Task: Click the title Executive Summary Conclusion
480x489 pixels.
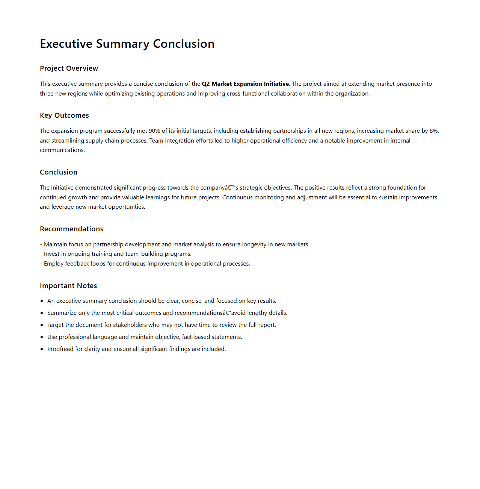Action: point(127,44)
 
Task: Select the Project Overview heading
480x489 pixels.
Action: point(69,68)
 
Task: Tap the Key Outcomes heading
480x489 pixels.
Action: point(64,115)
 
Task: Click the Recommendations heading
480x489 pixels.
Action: point(71,229)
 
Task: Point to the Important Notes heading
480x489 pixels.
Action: point(68,286)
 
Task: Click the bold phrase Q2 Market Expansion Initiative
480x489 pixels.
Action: point(245,84)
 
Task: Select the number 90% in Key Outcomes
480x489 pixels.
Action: point(154,131)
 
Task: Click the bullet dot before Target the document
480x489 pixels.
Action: point(42,325)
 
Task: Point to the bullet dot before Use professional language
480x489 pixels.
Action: point(42,337)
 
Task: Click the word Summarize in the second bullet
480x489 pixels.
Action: point(62,313)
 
